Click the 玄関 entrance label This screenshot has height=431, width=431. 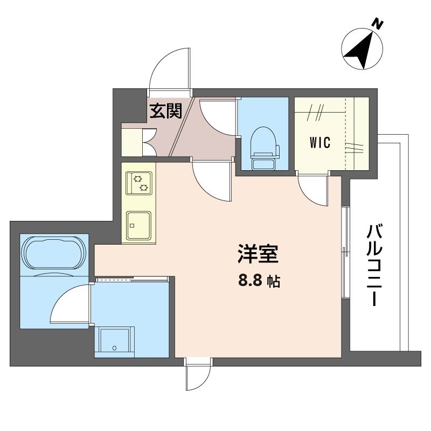166,110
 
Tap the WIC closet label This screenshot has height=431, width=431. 320,142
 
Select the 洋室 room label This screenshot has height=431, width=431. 258,253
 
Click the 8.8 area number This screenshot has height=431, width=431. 250,281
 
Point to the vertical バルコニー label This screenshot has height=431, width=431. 374,265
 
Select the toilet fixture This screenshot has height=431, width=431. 264,149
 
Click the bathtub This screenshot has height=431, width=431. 54,252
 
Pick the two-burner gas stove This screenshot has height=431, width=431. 139,183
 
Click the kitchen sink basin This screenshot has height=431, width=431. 139,225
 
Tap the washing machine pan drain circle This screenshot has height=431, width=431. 115,348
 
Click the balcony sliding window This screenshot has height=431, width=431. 345,252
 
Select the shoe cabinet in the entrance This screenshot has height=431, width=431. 132,143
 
